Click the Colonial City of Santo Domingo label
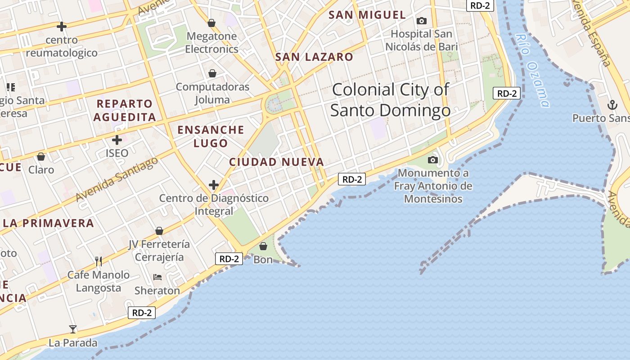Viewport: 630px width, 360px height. click(390, 100)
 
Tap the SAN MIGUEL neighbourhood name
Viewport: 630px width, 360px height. click(367, 15)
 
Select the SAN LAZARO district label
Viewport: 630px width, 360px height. click(314, 57)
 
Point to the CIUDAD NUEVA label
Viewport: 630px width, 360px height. click(276, 162)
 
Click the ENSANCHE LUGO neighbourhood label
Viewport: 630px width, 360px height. click(211, 136)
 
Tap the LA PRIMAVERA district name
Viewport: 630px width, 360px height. click(49, 223)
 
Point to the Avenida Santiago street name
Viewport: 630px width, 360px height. click(117, 179)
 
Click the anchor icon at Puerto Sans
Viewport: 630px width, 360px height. click(612, 105)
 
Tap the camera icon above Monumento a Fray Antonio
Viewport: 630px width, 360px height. click(433, 160)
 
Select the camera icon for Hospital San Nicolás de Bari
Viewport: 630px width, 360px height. click(422, 21)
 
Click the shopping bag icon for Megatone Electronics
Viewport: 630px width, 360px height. click(211, 23)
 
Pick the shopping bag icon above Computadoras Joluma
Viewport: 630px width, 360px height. click(212, 73)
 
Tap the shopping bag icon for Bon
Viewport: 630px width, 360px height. click(263, 246)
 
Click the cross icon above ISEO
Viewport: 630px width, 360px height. click(117, 140)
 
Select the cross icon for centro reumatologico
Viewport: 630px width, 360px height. click(62, 27)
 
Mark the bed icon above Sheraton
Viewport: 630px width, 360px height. click(157, 277)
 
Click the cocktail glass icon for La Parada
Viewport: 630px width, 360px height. click(73, 329)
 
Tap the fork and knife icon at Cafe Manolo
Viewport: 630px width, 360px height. click(99, 261)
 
